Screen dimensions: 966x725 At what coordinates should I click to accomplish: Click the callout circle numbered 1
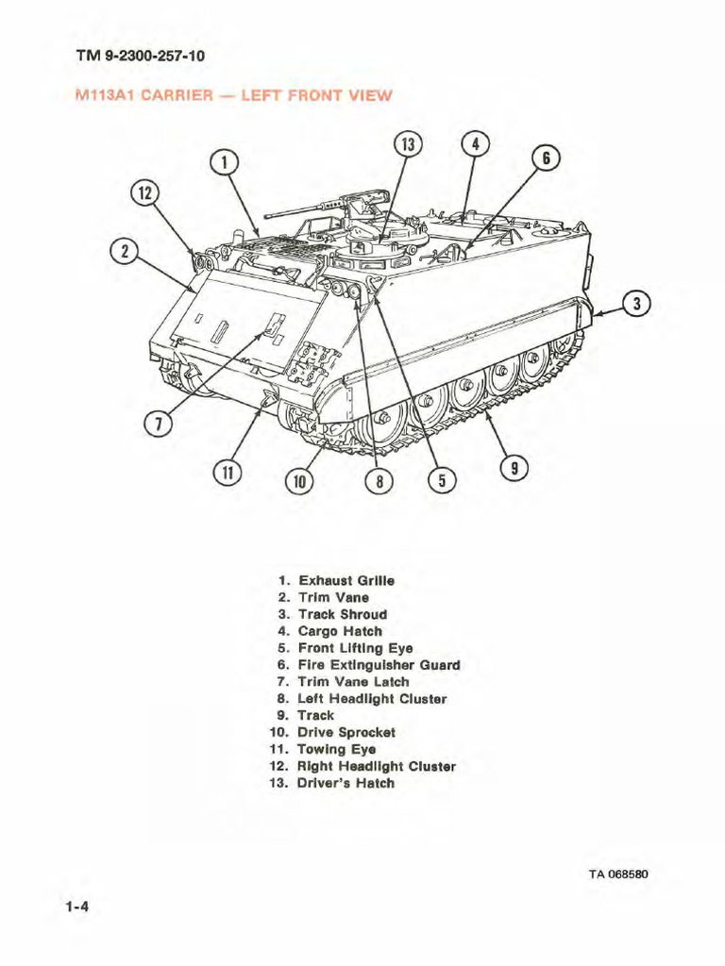click(224, 162)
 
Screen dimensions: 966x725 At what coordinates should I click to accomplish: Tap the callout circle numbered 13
click(407, 145)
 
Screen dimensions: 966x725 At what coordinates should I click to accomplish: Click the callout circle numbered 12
click(144, 193)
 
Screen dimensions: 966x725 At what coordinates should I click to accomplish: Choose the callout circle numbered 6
click(546, 158)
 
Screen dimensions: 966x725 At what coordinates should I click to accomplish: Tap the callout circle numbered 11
click(228, 473)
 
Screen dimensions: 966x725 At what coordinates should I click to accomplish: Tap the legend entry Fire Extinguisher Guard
click(378, 665)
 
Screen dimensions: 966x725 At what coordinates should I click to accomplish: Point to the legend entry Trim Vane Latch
click(353, 682)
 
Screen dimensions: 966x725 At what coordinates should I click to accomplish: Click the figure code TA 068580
click(618, 873)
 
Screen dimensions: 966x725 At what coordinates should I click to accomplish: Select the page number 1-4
click(77, 908)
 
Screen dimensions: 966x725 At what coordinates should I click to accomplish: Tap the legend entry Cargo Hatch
click(340, 631)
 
